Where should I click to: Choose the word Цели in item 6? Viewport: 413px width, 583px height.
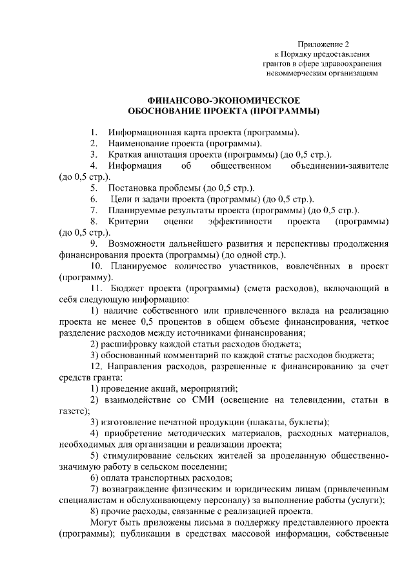(123, 198)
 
